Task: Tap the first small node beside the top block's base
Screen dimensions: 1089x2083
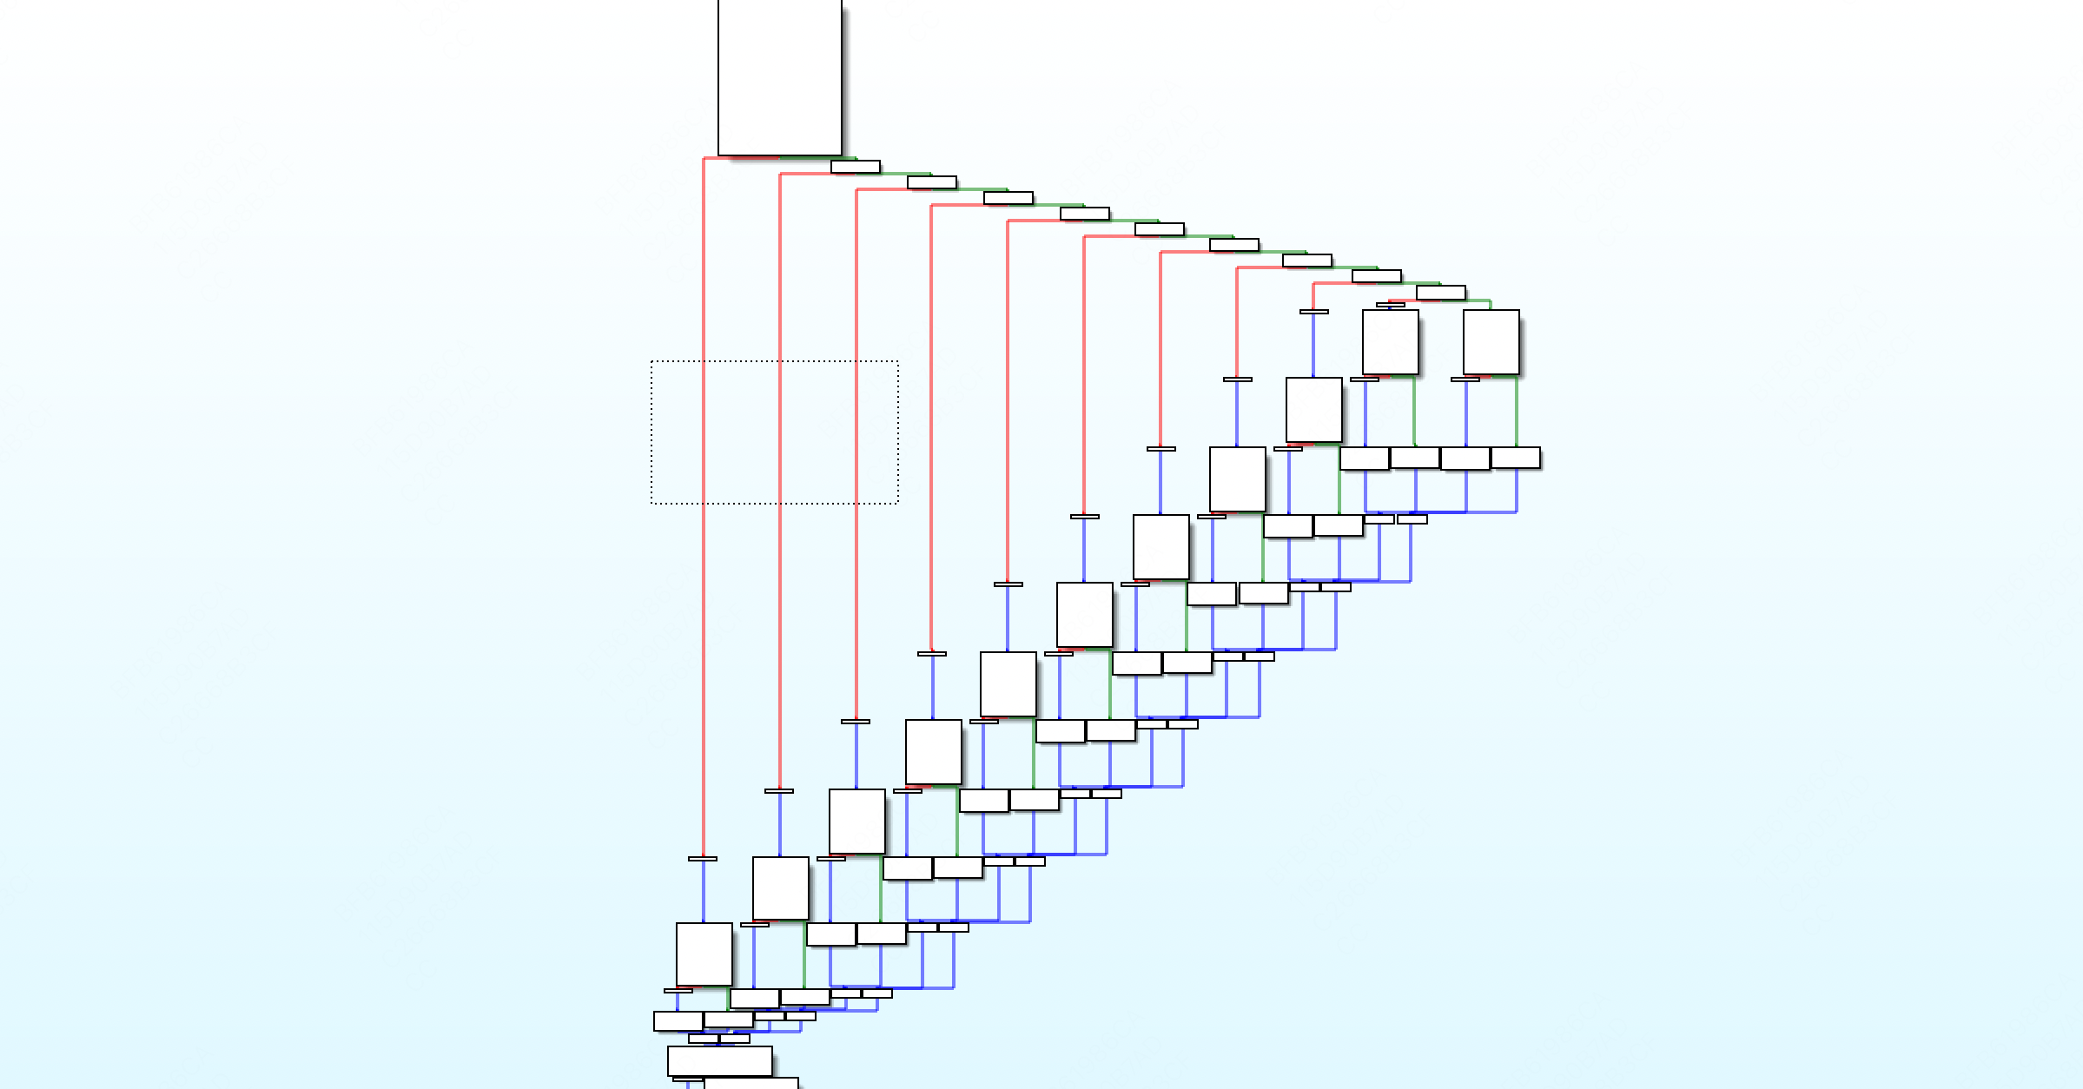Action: click(855, 167)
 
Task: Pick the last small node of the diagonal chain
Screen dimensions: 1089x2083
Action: click(1440, 293)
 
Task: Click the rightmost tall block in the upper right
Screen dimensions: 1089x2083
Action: click(1491, 342)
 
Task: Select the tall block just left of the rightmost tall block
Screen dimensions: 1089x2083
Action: click(1390, 342)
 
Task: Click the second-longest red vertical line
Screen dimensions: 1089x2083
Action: click(780, 478)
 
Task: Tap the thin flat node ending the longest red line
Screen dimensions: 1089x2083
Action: click(703, 859)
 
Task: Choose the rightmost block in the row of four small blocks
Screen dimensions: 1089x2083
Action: click(1515, 458)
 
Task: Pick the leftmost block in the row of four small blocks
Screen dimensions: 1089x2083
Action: click(1364, 458)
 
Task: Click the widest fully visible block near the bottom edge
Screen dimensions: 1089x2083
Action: click(719, 1060)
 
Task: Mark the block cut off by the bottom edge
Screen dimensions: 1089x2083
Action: click(751, 1083)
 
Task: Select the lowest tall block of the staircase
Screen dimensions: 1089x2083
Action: click(704, 954)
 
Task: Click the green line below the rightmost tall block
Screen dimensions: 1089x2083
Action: click(1517, 412)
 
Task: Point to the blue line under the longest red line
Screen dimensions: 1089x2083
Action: click(704, 891)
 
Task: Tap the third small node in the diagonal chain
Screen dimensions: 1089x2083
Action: click(1008, 198)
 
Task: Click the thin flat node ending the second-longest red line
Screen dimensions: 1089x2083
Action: click(779, 791)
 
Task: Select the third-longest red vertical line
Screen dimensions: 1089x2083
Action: click(856, 452)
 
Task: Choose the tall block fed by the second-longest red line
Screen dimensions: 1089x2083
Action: click(780, 888)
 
